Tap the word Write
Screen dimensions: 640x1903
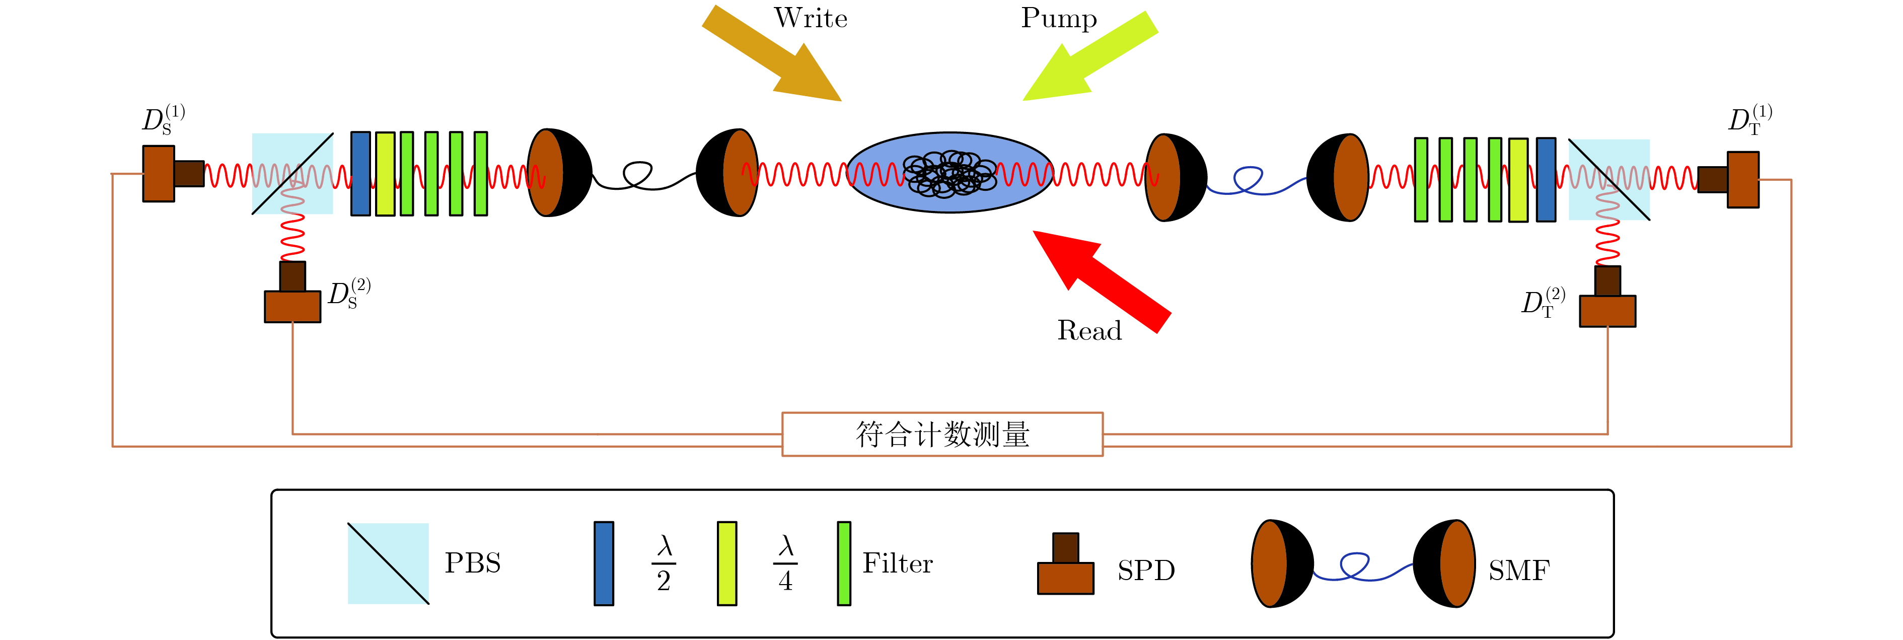811,19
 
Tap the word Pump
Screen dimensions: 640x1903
1059,19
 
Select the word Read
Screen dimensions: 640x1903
1089,330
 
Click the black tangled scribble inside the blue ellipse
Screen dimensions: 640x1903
949,174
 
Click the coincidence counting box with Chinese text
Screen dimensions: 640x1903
942,435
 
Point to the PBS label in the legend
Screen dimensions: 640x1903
473,563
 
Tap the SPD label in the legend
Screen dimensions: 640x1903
1146,571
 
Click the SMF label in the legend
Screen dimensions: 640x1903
1518,571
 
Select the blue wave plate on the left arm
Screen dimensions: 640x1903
360,174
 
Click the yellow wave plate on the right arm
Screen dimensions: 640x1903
1518,180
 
